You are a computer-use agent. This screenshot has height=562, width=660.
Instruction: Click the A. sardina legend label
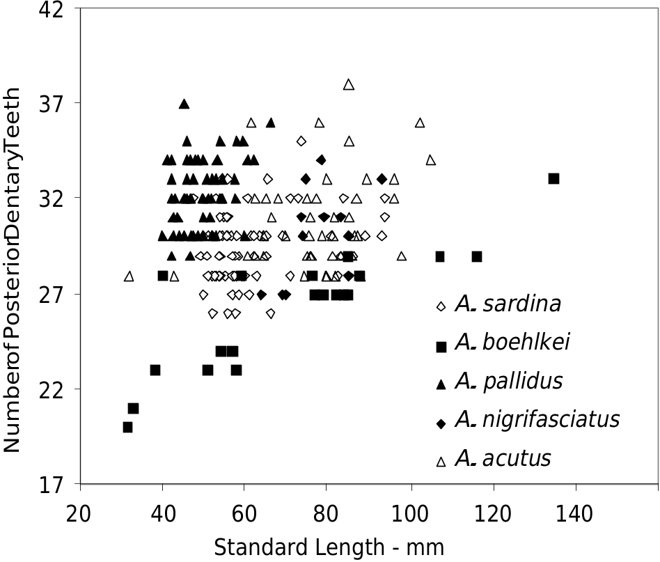pos(508,304)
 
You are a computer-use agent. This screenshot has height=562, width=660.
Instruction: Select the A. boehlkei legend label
pos(512,343)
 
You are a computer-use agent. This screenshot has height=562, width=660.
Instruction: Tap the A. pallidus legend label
pos(509,381)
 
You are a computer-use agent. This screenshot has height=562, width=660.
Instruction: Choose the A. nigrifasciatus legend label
pos(537,419)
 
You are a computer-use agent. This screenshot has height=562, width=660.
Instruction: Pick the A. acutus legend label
pos(503,458)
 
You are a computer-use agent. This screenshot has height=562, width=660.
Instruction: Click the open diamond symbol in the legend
pos(441,306)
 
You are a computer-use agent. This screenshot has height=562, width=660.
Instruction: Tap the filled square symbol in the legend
pos(441,346)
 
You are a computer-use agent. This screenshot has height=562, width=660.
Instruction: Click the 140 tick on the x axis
pos(576,515)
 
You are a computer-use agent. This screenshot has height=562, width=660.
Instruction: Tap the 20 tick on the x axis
pos(81,515)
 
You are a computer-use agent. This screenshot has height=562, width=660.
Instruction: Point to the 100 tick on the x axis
pos(411,515)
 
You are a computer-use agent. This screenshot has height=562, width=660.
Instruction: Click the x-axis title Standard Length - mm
pos(329,547)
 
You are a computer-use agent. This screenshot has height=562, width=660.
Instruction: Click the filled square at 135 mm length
pos(553,179)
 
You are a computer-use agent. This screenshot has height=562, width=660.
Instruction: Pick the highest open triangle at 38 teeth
pos(349,84)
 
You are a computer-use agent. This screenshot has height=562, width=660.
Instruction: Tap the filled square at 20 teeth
pos(127,427)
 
